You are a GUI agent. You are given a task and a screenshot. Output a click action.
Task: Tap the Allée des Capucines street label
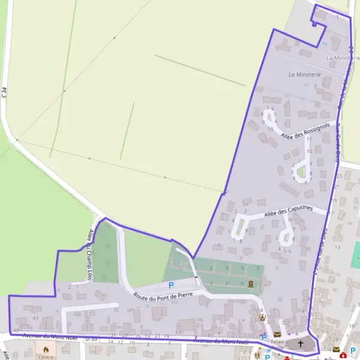coord(287,211)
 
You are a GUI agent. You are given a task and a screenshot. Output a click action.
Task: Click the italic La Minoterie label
coord(305,74)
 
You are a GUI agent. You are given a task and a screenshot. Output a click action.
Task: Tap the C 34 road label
coord(5,92)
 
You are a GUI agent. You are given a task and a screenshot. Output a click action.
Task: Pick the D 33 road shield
coord(91,339)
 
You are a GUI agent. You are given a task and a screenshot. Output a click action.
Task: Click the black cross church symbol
coord(301,344)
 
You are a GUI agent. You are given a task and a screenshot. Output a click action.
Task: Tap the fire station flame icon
coord(46,349)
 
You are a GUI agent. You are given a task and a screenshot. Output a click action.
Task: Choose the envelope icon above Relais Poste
coord(277,334)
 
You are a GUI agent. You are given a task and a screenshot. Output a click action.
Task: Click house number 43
coord(35,317)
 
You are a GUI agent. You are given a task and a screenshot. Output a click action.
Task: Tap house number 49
coord(16,330)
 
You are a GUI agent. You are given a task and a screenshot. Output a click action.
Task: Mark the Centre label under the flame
coord(46,357)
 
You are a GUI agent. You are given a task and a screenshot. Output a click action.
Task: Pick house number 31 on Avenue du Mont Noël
coord(113,334)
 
